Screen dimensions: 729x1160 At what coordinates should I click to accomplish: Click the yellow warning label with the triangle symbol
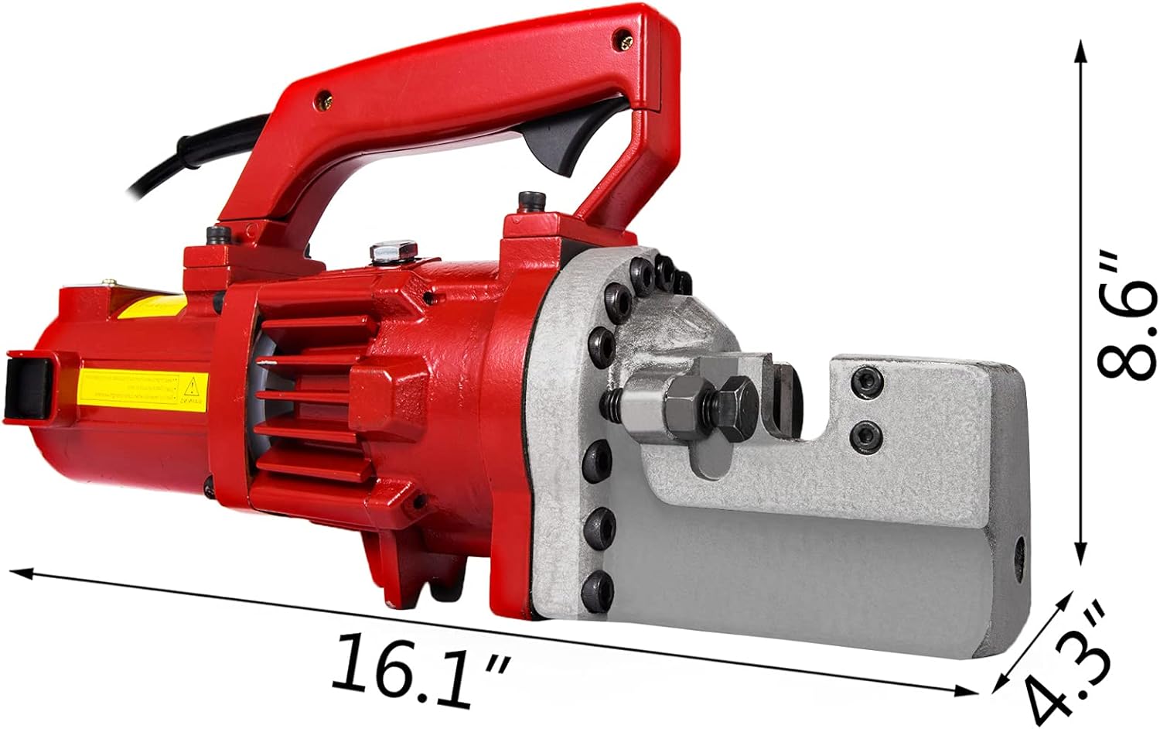tap(143, 386)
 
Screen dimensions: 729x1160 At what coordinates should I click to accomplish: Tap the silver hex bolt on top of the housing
tap(394, 252)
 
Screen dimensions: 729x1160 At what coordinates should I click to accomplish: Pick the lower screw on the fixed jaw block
tap(867, 436)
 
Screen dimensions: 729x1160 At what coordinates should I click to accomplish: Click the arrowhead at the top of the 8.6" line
tap(1081, 50)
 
